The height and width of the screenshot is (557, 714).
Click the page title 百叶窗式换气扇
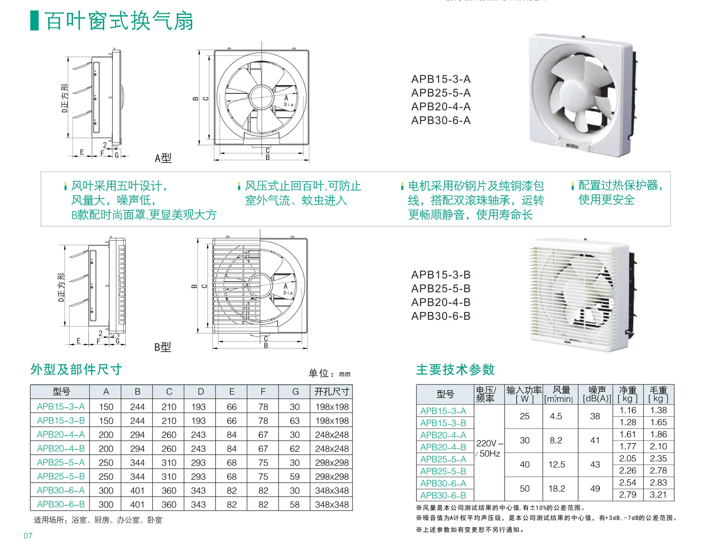pos(119,21)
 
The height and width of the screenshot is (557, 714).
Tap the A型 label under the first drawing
pos(163,158)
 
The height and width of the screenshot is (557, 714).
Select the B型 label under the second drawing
pos(163,347)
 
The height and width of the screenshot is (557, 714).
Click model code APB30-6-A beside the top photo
pos(441,120)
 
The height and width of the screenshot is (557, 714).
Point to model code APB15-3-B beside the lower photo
pos(441,274)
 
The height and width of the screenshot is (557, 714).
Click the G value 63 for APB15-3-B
pos(294,420)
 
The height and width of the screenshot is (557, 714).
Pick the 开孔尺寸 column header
pos(332,392)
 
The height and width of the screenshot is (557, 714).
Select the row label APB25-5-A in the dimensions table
pos(61,462)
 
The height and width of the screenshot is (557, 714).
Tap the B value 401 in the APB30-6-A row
pos(137,490)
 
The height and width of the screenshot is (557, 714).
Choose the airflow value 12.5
pos(557,465)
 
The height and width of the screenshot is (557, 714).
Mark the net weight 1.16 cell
pos(628,410)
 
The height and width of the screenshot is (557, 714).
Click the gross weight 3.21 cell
pos(658,494)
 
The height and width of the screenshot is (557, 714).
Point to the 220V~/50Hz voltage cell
pos(489,448)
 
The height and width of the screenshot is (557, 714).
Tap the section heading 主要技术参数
pos(455,369)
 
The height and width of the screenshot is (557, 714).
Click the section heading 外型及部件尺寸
pos(76,369)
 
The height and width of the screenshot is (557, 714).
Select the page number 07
pos(28,536)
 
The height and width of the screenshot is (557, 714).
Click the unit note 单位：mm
pos(330,374)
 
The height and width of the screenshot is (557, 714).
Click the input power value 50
pos(524,489)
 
